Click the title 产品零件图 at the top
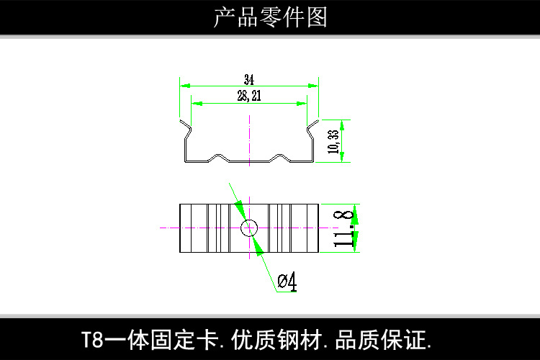coord(270,17)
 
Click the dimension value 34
coord(249,79)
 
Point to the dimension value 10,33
coord(332,141)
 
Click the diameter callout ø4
coord(287,282)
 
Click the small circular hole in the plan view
coord(249,228)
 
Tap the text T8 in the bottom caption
coord(91,338)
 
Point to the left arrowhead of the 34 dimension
coord(184,85)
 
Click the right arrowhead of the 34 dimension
coord(314,85)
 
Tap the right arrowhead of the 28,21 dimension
coord(303,102)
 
